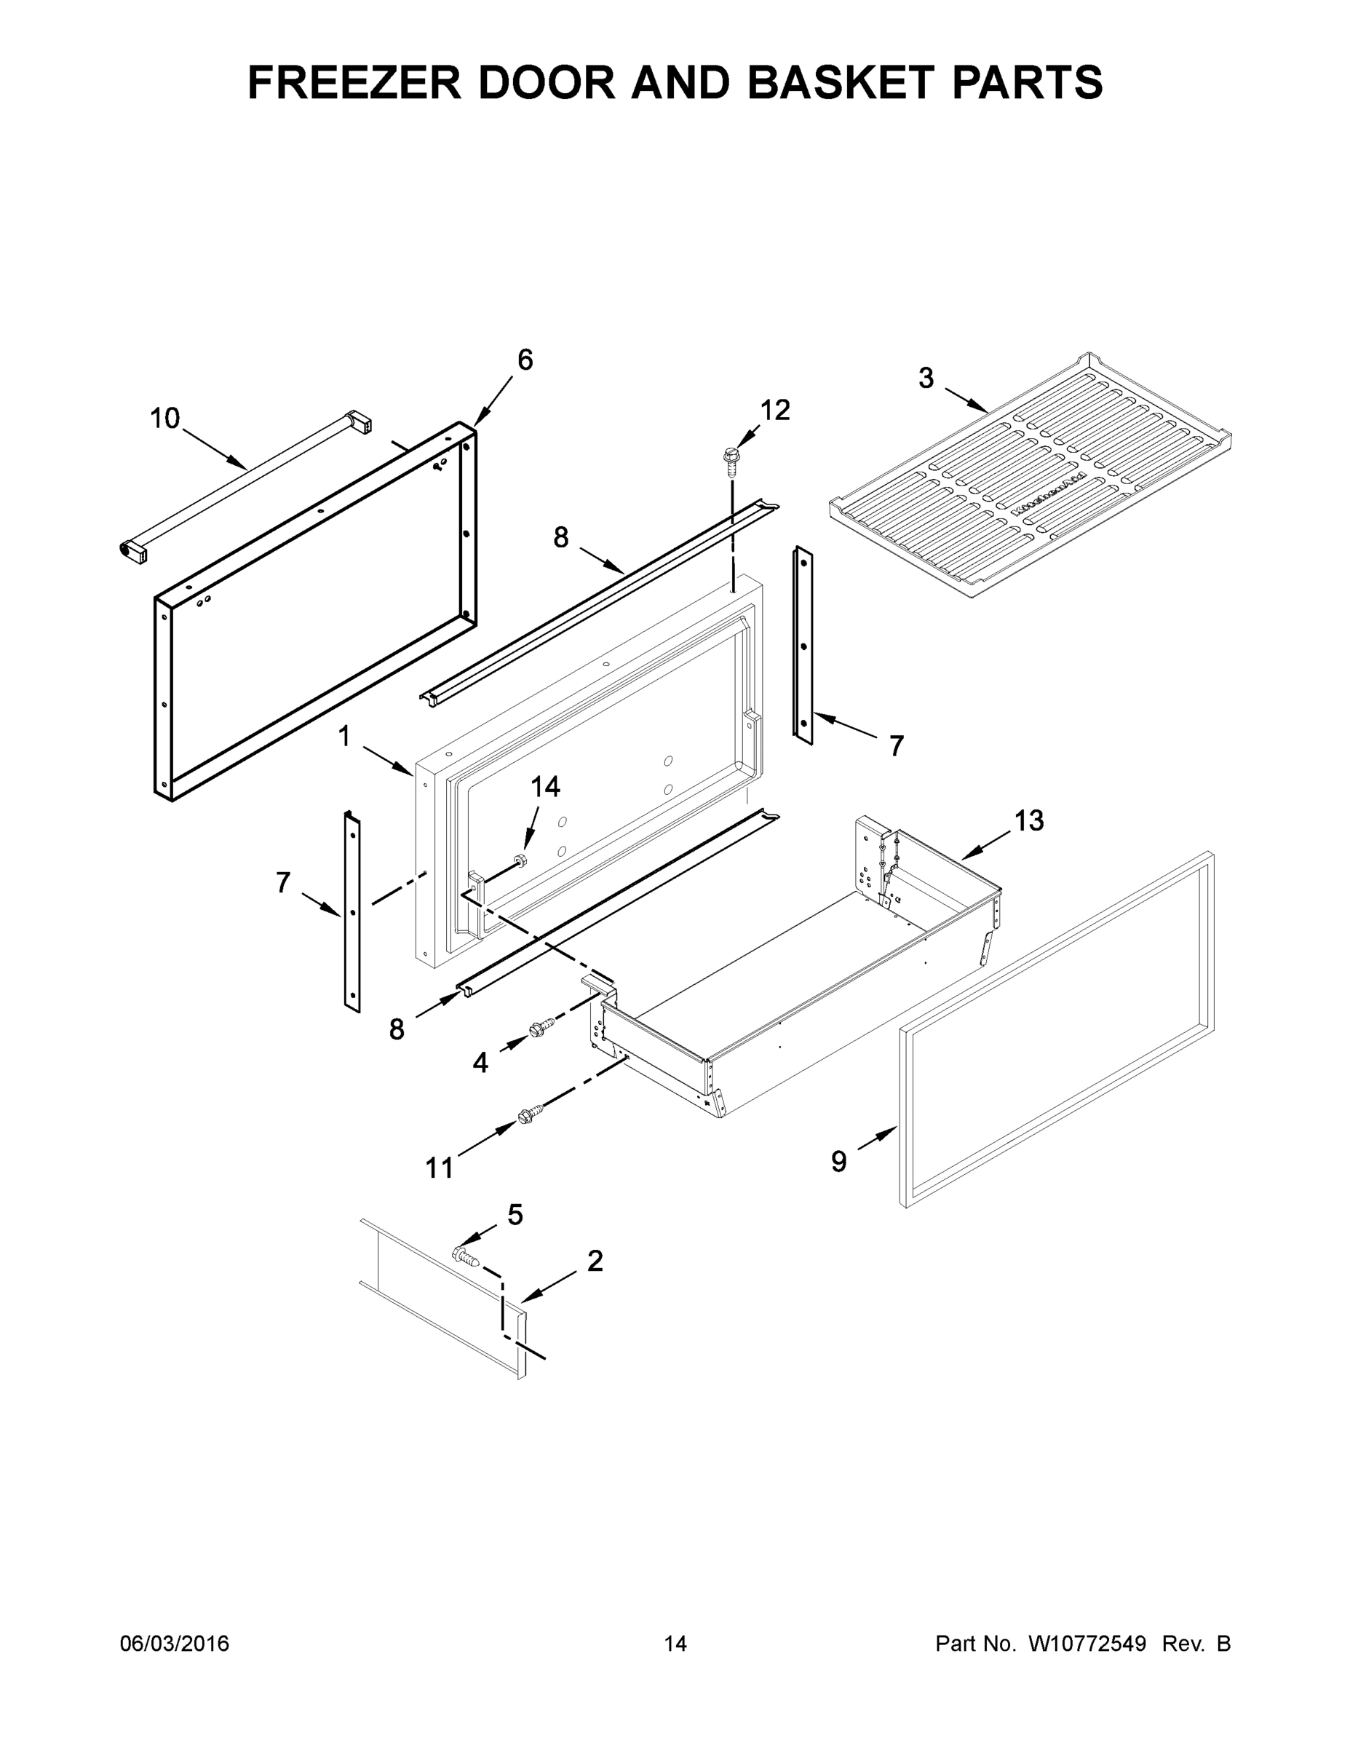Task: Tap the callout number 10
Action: point(165,419)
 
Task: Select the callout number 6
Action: point(525,361)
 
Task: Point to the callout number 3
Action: point(925,378)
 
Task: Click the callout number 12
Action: point(775,411)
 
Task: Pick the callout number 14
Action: point(547,787)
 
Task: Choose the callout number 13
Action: point(1029,820)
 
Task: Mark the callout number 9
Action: point(838,1162)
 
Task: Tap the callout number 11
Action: point(439,1168)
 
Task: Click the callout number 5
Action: point(515,1215)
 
